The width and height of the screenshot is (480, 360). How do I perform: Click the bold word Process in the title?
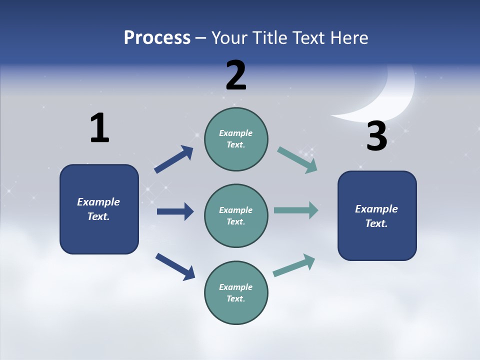157,38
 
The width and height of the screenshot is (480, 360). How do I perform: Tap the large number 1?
99,128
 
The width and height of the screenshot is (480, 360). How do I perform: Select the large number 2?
236,75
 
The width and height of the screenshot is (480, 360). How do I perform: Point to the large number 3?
376,136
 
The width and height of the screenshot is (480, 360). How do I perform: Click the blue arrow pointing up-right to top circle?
173,159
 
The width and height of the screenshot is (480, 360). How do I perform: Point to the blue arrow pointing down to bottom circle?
175,266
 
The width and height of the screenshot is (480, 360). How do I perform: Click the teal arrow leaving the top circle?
297,160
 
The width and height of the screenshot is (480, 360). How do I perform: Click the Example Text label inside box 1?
98,209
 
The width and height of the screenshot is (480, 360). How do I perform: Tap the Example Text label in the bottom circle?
235,293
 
